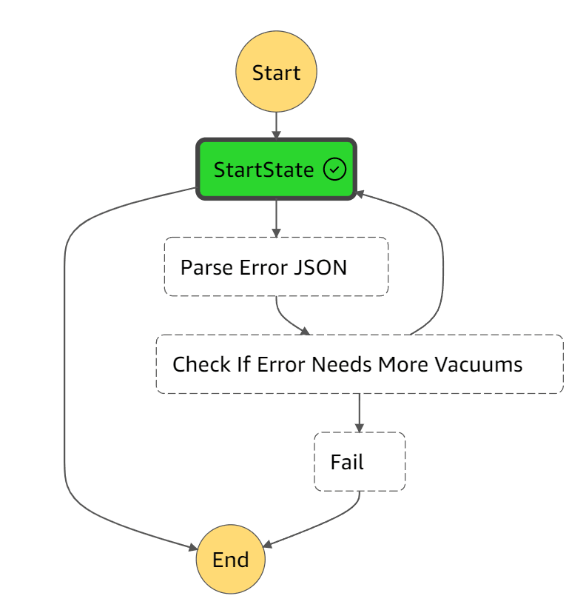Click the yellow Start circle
click(276, 72)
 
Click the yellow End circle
click(230, 560)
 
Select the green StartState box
click(276, 170)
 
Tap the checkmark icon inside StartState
click(334, 170)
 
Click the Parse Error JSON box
click(276, 267)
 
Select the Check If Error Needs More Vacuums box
click(359, 364)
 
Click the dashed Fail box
click(360, 462)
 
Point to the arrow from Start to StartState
click(276, 124)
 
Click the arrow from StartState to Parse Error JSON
click(276, 218)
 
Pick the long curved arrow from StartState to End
click(65, 370)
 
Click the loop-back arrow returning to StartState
click(442, 267)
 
